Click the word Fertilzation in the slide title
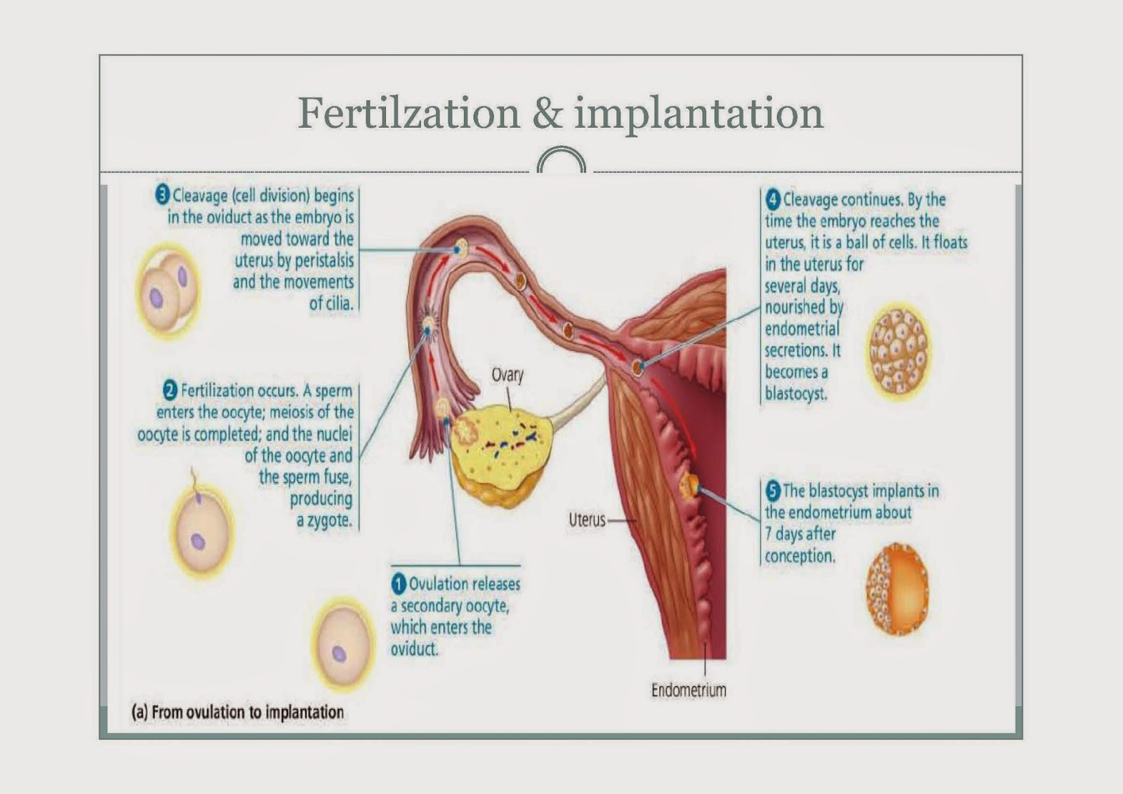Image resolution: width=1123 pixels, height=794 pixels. (x=408, y=113)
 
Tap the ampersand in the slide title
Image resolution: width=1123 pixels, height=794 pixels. (x=547, y=113)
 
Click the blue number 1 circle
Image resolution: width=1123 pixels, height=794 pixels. (x=399, y=584)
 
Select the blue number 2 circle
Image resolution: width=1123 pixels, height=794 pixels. (x=170, y=390)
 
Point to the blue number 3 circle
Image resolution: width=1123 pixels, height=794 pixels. (x=162, y=194)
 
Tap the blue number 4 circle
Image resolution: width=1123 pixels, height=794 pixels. (x=773, y=200)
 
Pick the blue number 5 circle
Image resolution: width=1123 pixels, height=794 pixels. (x=773, y=491)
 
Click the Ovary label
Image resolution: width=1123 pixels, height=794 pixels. (x=507, y=375)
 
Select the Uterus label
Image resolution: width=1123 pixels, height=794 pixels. (x=587, y=520)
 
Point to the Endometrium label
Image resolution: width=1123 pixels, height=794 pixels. (x=689, y=690)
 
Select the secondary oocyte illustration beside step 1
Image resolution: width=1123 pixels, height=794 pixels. (x=343, y=645)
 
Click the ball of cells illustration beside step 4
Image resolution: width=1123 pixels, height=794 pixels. (x=898, y=351)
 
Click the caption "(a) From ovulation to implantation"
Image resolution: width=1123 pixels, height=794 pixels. (x=238, y=712)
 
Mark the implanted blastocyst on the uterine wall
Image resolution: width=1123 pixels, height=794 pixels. (x=689, y=484)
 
